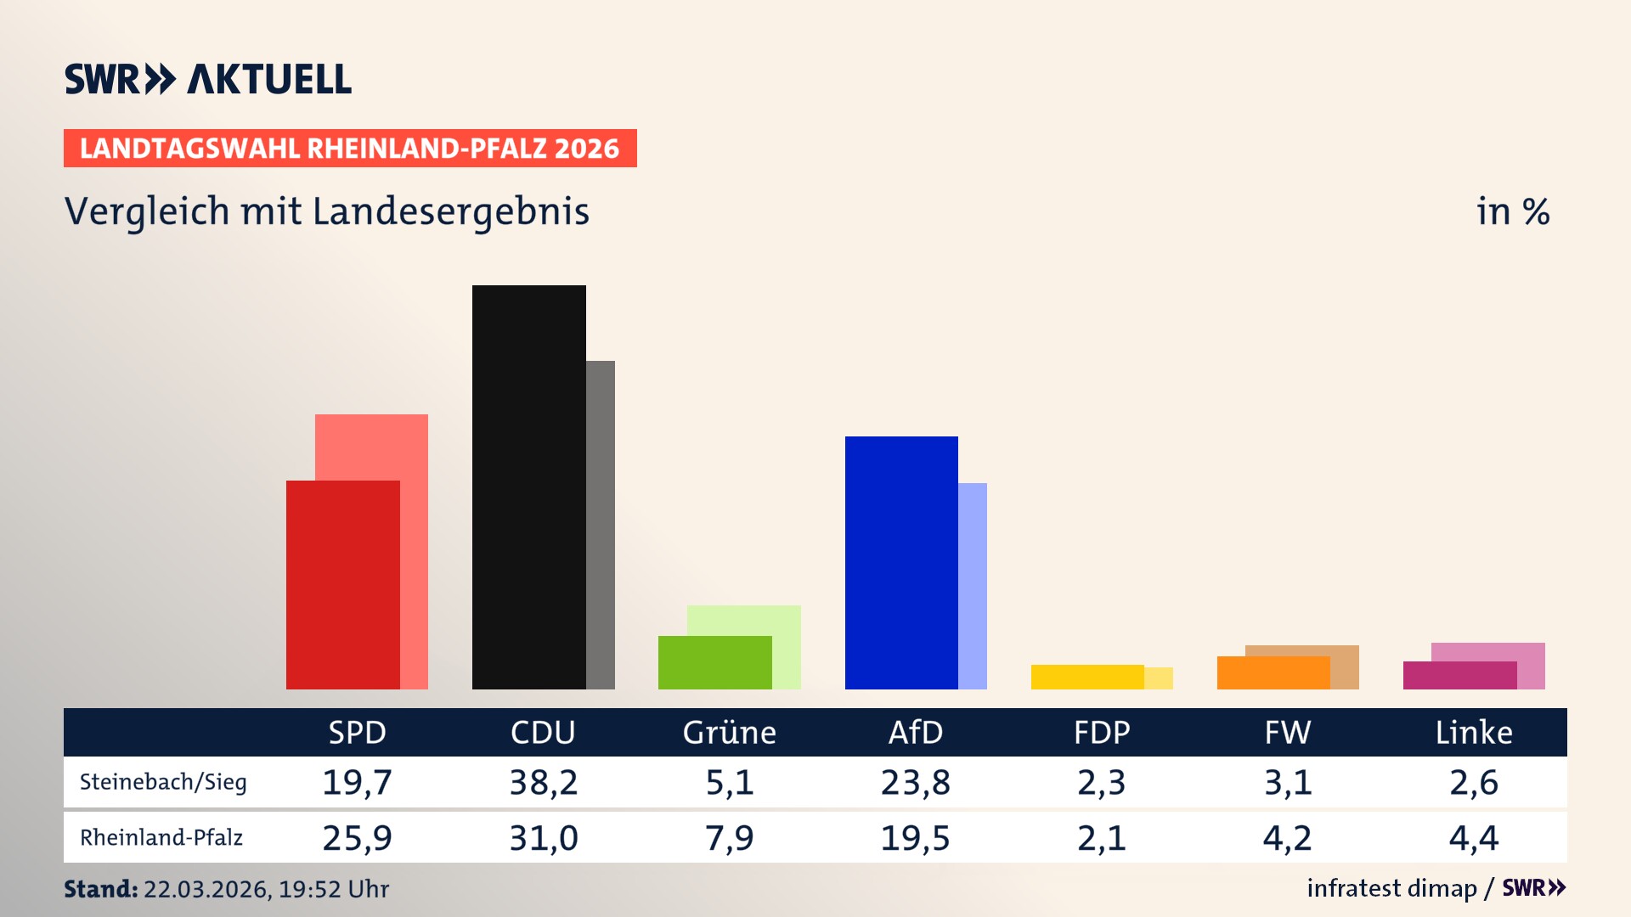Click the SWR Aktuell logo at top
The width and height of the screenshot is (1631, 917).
(x=208, y=79)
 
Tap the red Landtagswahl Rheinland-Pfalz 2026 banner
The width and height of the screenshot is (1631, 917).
(x=349, y=149)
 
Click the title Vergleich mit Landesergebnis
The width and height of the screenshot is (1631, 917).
(x=326, y=211)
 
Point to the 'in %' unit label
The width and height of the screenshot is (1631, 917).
(x=1512, y=211)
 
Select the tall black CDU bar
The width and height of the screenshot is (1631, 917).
(x=528, y=487)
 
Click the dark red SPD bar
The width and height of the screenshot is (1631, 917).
(x=342, y=584)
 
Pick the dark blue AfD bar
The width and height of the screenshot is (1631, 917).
(x=900, y=562)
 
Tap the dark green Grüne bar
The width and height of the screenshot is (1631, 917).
(x=714, y=662)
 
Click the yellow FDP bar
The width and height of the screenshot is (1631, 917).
(x=1086, y=677)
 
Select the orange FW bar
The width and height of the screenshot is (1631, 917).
(x=1273, y=672)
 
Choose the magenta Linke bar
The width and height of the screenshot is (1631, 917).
(x=1459, y=675)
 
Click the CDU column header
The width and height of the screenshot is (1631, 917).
(x=543, y=732)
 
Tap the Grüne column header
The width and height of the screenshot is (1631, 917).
(x=729, y=732)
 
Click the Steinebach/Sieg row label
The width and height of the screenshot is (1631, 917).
(x=163, y=782)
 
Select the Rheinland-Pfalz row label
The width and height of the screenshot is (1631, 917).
(x=161, y=838)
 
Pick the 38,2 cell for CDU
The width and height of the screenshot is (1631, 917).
(x=543, y=782)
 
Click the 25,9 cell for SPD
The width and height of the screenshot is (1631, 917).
(x=357, y=838)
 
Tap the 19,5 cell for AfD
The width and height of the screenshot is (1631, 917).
(x=915, y=838)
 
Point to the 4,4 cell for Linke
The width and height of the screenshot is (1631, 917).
(x=1473, y=838)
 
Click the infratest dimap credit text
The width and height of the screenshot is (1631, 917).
(x=1391, y=888)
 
